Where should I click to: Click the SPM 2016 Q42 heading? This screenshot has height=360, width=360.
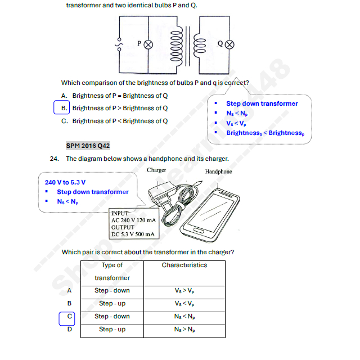pos(88,146)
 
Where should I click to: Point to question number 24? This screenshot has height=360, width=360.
pos(55,159)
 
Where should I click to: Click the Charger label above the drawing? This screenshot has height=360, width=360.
pos(156,170)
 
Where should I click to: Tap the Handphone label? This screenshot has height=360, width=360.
pos(218,172)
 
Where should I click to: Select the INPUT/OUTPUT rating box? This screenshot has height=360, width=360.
pos(134,224)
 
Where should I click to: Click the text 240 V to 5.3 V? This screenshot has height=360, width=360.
pos(65,182)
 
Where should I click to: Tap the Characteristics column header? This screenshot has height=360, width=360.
pos(184,265)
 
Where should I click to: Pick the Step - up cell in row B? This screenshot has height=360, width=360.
pos(112,303)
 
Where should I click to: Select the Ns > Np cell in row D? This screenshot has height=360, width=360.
pos(184,329)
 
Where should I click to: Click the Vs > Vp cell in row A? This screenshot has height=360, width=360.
pos(184,291)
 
